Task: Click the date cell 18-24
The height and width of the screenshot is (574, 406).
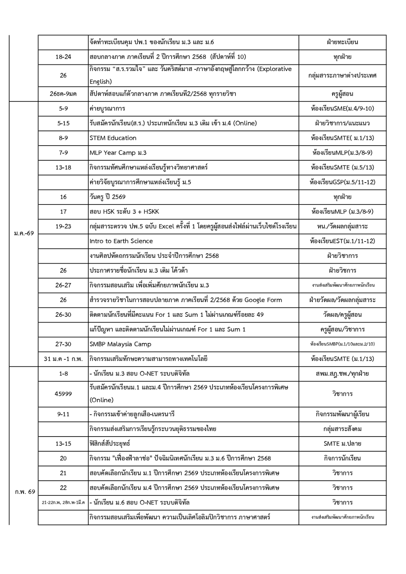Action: pyautogui.click(x=63, y=57)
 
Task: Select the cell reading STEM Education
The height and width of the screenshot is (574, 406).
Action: pyautogui.click(x=113, y=138)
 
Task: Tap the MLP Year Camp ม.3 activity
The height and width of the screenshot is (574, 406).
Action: pyautogui.click(x=118, y=153)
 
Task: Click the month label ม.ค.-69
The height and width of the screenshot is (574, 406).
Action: pyautogui.click(x=24, y=234)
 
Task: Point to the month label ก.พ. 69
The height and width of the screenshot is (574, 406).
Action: pyautogui.click(x=25, y=491)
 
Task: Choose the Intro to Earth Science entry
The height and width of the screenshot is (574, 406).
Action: pyautogui.click(x=121, y=241)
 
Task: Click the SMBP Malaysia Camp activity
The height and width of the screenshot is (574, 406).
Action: pyautogui.click(x=120, y=344)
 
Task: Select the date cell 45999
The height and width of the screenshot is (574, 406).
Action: pyautogui.click(x=63, y=394)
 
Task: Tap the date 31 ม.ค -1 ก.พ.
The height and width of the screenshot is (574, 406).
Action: pyautogui.click(x=63, y=359)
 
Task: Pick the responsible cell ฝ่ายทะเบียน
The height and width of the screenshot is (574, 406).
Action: pyautogui.click(x=342, y=42)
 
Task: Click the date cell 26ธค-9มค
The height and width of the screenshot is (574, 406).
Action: pyautogui.click(x=63, y=94)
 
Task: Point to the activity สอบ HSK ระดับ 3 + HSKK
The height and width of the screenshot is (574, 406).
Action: pyautogui.click(x=122, y=212)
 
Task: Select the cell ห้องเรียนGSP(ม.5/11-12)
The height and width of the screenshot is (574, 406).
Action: pyautogui.click(x=342, y=182)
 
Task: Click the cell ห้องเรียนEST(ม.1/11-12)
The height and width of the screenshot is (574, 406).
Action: pyautogui.click(x=342, y=241)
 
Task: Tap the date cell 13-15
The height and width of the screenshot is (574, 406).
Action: pyautogui.click(x=63, y=443)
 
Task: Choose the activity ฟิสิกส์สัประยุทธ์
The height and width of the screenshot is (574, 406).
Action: pyautogui.click(x=110, y=443)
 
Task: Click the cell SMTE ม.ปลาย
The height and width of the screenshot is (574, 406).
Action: pyautogui.click(x=342, y=443)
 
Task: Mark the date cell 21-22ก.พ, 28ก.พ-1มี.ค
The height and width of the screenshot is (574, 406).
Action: pyautogui.click(x=63, y=502)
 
